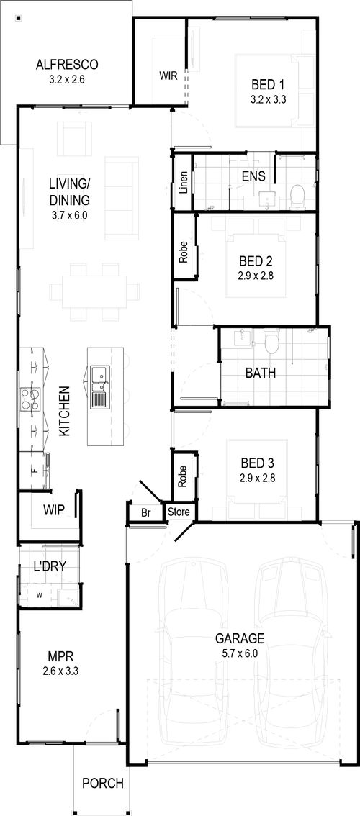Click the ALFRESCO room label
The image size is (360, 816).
coord(67,65)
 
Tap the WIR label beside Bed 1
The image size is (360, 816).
coord(168,76)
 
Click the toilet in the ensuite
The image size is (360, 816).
coord(297,196)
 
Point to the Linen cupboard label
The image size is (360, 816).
coord(183,182)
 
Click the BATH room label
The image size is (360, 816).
coord(261,373)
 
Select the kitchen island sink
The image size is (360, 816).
coord(99,387)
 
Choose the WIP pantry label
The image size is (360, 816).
coord(54,509)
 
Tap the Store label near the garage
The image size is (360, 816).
coord(179,512)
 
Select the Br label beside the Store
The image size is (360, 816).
coord(146,512)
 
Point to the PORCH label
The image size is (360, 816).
coord(103,783)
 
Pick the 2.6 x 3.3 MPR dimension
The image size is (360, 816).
coord(60,671)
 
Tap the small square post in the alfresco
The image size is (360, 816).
coord(18,18)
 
